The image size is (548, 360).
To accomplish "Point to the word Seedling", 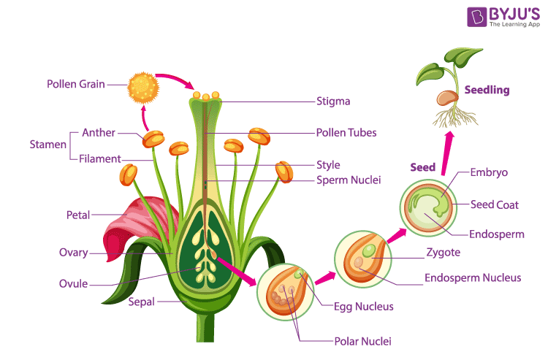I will point(487,91).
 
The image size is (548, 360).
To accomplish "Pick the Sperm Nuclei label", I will point(348,180).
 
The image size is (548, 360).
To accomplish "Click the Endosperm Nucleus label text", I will point(473,277).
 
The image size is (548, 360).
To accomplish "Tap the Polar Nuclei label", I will point(364,341).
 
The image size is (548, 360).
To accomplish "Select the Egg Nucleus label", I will point(363,307).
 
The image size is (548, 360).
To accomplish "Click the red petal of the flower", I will point(135,223).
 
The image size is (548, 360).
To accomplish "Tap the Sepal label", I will point(141,301).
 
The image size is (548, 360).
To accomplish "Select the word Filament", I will point(99,158).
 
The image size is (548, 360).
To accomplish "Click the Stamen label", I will point(48,145).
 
